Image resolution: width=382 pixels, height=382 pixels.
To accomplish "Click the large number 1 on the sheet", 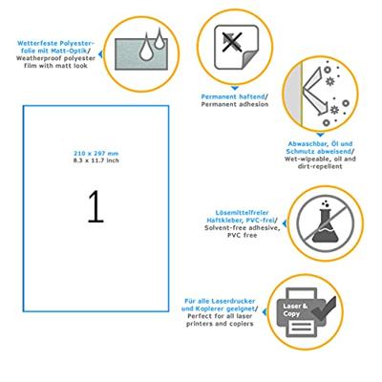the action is [95, 206].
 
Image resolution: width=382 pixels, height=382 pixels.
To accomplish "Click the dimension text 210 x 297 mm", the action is [95, 154].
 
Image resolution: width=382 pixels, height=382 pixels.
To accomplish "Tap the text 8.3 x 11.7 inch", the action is [95, 160].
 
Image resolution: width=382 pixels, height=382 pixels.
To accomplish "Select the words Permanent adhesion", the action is [235, 104].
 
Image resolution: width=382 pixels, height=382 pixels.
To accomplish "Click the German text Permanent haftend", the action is [233, 96].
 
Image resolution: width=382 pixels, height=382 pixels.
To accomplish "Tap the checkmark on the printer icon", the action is [324, 308].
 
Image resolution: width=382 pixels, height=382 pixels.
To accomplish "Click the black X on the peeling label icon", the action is [233, 42].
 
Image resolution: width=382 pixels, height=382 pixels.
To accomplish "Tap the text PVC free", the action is [242, 236].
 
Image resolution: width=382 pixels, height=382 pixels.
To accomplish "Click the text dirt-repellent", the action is [320, 166].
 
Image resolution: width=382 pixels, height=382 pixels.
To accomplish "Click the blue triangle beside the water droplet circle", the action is [100, 54].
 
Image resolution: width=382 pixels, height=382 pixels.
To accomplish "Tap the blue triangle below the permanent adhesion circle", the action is [235, 88].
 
